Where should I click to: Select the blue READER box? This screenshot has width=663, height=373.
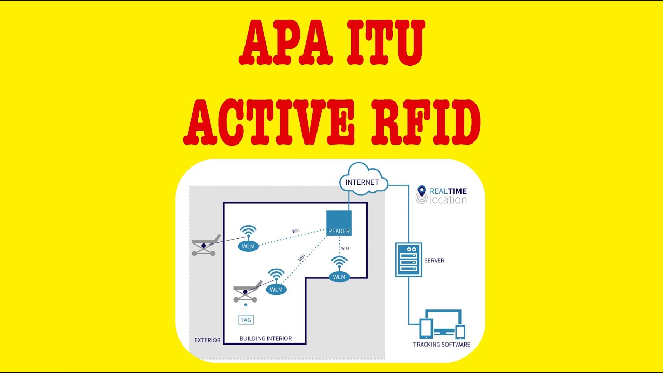339,223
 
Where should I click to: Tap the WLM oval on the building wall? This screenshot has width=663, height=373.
339,277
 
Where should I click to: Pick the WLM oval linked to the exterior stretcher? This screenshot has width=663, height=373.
249,246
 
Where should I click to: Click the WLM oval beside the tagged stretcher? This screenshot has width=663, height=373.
276,289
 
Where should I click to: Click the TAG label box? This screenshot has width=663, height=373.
246,320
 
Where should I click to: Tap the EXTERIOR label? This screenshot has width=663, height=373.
207,340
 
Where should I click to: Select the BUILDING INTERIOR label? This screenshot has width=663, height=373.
266,339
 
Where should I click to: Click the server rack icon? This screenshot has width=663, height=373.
408,260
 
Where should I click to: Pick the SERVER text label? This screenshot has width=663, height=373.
434,260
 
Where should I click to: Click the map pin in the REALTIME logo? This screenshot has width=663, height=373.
421,192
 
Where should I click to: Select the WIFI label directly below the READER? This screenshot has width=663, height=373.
345,248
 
